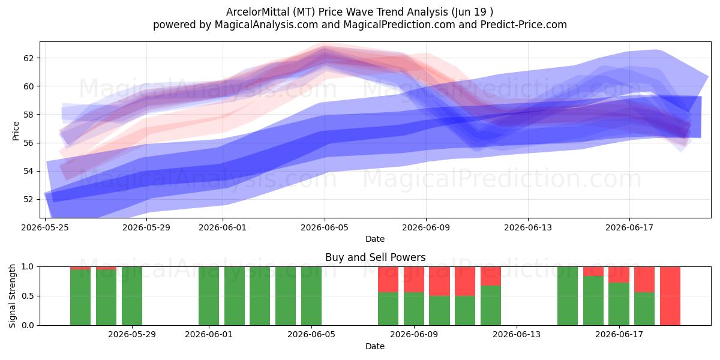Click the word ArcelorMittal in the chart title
258,12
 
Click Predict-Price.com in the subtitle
524,25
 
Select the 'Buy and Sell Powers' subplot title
375,257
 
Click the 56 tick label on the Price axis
28,143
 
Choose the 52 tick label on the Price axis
28,199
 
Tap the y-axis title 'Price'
16,131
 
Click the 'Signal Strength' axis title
12,296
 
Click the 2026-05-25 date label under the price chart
45,227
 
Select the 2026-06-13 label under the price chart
528,227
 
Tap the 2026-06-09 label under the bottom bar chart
414,335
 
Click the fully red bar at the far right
670,296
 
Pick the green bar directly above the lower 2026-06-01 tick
209,296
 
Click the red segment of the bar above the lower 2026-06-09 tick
414,280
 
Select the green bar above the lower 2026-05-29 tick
132,296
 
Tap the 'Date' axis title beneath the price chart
375,239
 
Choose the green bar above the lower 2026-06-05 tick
311,296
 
